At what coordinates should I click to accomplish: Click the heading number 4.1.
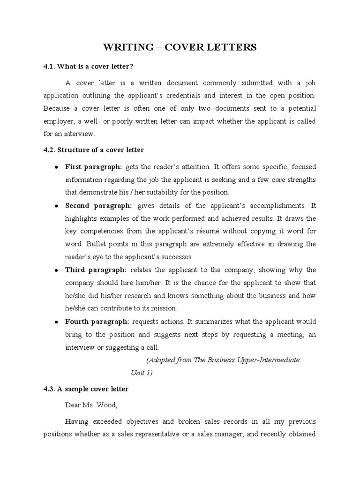point(49,66)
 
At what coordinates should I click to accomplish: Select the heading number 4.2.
point(49,150)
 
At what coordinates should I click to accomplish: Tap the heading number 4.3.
point(49,389)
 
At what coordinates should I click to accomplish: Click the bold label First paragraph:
point(93,167)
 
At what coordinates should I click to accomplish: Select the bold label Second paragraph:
point(98,206)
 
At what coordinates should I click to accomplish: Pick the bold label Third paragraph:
point(96,270)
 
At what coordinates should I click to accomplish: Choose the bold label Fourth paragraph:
point(97,322)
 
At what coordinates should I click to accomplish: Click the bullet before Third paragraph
point(56,270)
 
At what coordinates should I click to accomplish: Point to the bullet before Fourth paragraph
point(56,322)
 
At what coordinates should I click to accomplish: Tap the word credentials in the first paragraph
point(182,96)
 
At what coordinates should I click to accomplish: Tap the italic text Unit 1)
point(142,373)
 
